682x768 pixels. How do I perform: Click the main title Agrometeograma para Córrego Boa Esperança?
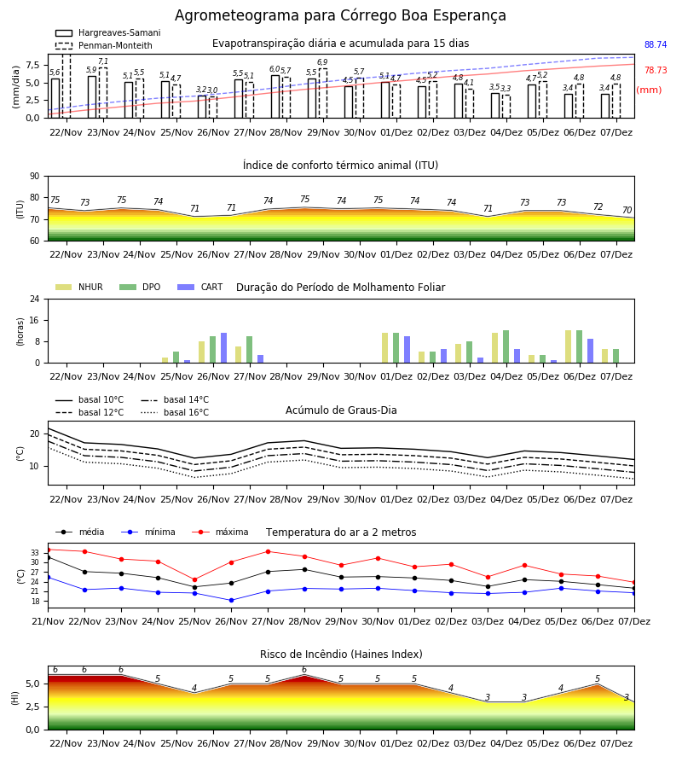coord(340,15)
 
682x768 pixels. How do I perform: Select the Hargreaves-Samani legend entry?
coord(107,32)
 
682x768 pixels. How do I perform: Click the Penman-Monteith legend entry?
coord(104,45)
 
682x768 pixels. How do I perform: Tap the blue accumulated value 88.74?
coord(656,44)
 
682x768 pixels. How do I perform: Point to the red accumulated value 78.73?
coord(656,70)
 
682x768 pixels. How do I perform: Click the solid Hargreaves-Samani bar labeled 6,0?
coord(275,96)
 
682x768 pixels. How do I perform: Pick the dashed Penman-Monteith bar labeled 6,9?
coord(323,93)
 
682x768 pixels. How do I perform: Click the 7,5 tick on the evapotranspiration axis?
coord(32,65)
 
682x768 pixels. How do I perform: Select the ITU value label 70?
coord(627,210)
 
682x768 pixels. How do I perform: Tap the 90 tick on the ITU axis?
coord(35,176)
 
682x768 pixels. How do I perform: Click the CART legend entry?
coord(200,287)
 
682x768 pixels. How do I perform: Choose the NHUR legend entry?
coord(79,287)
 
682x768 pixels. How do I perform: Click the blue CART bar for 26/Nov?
coord(223,348)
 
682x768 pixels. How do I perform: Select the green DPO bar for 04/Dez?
coord(506,346)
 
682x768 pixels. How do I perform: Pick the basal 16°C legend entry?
coord(175,412)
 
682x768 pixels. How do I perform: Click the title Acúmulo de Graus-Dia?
coord(341,410)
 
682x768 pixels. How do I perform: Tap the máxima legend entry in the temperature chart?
coord(220,532)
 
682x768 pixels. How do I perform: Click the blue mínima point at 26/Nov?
coord(231,600)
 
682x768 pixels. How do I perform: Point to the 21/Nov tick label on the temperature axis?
coord(48,621)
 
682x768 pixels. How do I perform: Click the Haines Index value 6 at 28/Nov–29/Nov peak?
coord(304,670)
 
